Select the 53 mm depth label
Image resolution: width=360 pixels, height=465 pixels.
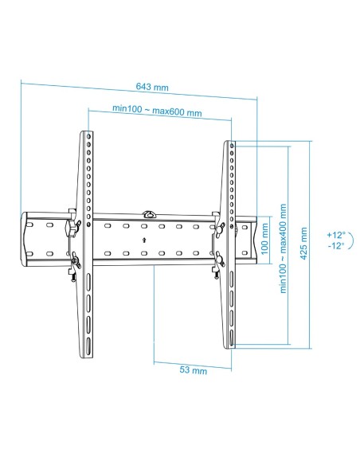[194, 369]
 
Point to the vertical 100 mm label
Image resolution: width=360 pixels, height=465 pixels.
[265, 238]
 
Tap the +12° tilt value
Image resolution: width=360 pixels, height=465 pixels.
[335, 235]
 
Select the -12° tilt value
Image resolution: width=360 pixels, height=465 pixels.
[335, 246]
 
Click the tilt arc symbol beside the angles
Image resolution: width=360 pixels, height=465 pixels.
[351, 240]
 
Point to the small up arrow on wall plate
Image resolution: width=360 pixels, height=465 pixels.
[143, 241]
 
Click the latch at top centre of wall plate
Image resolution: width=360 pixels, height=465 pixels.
[149, 213]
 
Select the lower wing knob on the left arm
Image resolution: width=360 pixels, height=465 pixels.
[75, 260]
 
